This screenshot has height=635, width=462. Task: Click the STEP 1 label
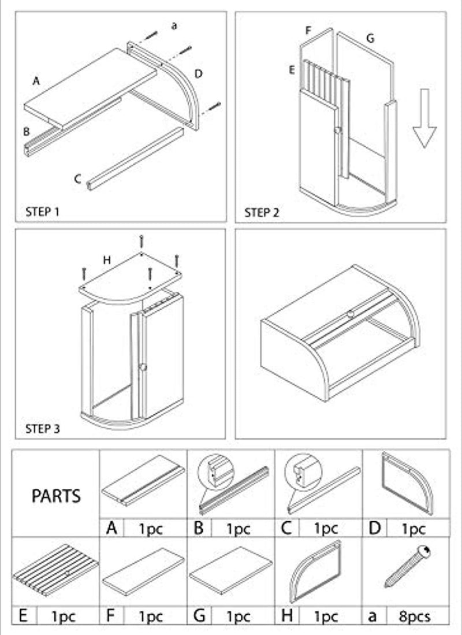pyautogui.click(x=42, y=211)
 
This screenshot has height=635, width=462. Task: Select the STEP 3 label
pyautogui.click(x=42, y=429)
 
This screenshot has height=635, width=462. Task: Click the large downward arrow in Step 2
pyautogui.click(x=424, y=118)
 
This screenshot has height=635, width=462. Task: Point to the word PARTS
pyautogui.click(x=56, y=496)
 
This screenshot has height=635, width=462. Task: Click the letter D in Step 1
pyautogui.click(x=198, y=73)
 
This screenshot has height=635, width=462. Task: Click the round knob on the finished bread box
pyautogui.click(x=350, y=314)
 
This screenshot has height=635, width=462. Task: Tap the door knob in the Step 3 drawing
pyautogui.click(x=143, y=367)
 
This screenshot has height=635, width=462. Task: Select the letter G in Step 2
pyautogui.click(x=370, y=38)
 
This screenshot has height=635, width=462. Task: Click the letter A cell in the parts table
pyautogui.click(x=112, y=528)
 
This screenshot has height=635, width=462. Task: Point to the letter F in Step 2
pyautogui.click(x=308, y=29)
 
